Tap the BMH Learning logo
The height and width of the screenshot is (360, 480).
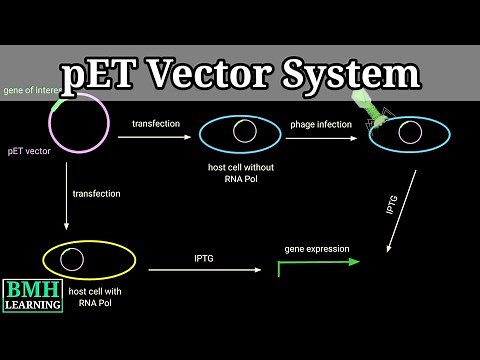point(32,290)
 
